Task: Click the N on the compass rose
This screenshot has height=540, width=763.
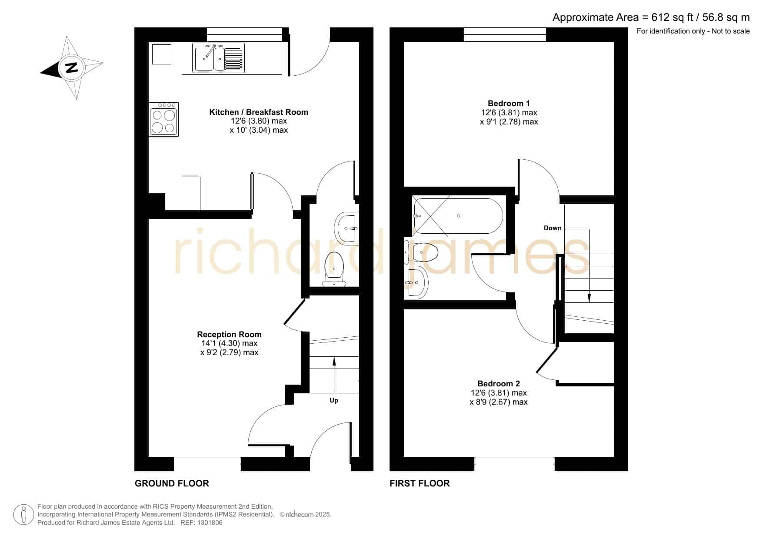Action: point(71,68)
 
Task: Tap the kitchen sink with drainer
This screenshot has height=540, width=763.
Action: point(218,57)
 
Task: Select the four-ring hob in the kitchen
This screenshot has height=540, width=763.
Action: point(163,119)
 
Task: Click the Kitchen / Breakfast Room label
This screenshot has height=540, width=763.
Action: point(259,112)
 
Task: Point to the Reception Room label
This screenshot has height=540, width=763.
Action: point(229,334)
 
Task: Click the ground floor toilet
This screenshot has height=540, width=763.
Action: point(334,269)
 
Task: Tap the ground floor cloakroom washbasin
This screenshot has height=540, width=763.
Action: point(347,227)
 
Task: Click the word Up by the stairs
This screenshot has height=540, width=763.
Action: point(334,400)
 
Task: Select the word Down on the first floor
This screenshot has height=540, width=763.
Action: point(553,228)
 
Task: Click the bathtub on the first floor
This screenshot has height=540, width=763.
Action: point(459,216)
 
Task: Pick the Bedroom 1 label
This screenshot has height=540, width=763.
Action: point(509,103)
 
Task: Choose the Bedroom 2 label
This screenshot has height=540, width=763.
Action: point(499,383)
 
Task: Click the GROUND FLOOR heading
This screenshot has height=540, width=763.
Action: point(172,483)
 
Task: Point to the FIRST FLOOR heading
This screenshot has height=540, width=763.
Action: point(420,483)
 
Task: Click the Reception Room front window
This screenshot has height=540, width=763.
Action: point(207,464)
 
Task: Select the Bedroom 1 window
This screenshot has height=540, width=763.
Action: point(505,34)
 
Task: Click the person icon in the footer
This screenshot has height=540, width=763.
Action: point(23,515)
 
